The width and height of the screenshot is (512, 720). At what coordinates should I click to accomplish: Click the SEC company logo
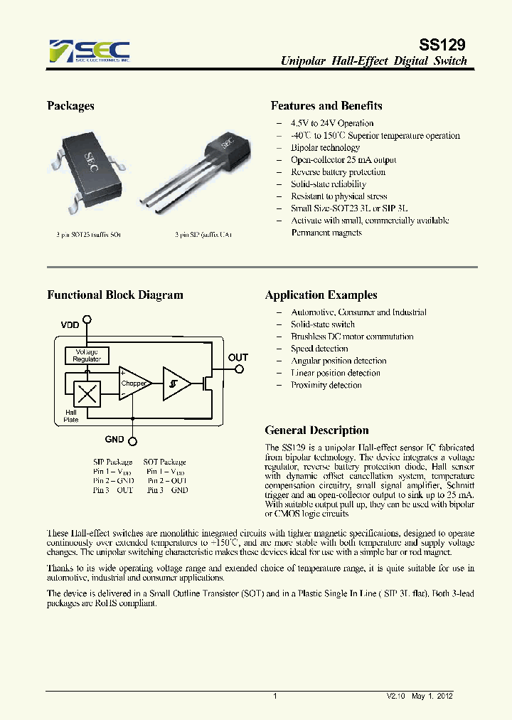(x=89, y=51)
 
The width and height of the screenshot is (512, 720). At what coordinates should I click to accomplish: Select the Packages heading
(x=70, y=106)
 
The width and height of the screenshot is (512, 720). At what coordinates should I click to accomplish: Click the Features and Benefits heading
(x=326, y=106)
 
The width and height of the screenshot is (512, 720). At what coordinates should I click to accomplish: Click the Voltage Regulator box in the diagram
(x=87, y=355)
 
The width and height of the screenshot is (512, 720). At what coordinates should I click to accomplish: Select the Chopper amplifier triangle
(x=134, y=383)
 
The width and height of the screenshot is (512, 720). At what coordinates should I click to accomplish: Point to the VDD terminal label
(x=70, y=324)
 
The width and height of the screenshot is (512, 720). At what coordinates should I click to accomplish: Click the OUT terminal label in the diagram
(x=238, y=357)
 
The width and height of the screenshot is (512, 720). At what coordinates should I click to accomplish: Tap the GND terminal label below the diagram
(x=114, y=440)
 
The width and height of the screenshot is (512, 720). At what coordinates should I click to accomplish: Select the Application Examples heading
(x=321, y=295)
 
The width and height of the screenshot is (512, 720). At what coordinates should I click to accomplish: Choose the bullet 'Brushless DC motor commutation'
(x=352, y=337)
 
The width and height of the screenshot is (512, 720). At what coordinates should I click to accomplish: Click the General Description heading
(x=316, y=430)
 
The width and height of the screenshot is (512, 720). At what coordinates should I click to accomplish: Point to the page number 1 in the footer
(x=274, y=697)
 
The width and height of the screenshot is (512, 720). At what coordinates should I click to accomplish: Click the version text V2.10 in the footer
(x=395, y=697)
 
